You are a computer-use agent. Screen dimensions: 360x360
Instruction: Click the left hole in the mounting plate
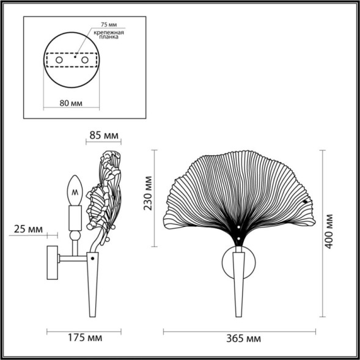(x=59, y=62)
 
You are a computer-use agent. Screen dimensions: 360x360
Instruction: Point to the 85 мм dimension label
(x=104, y=134)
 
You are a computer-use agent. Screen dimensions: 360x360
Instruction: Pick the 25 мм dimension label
(x=26, y=229)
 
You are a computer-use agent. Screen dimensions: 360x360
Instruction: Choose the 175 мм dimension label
(x=85, y=337)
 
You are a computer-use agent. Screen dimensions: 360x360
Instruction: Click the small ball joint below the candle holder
(x=75, y=234)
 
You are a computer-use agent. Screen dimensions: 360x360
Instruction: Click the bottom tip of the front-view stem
(x=238, y=314)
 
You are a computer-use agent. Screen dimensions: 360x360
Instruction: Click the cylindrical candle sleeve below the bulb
(x=75, y=216)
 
